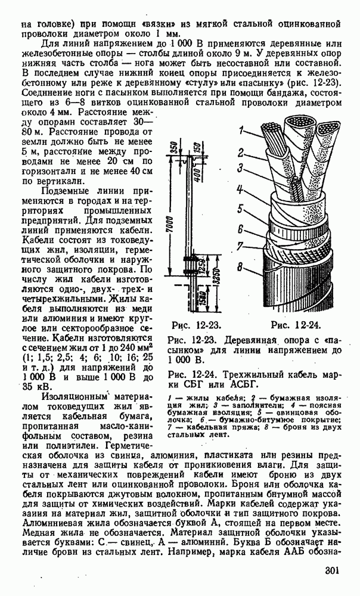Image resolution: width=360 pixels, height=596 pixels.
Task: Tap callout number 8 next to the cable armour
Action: pyautogui.click(x=240, y=268)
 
